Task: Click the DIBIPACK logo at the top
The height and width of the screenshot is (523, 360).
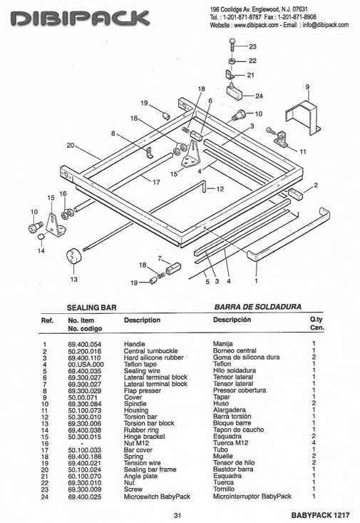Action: click(x=80, y=18)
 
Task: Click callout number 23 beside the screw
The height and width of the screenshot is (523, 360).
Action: click(x=252, y=46)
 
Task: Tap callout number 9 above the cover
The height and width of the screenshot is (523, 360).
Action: click(x=307, y=87)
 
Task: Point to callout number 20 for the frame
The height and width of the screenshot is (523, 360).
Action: click(x=71, y=146)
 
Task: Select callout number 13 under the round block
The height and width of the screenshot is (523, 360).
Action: click(x=73, y=279)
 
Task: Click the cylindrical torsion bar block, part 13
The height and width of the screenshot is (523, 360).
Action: click(x=73, y=257)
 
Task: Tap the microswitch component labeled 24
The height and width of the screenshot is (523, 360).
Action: click(x=235, y=91)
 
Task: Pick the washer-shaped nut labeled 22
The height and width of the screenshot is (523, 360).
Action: click(x=232, y=61)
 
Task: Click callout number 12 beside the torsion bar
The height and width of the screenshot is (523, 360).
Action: click(x=220, y=189)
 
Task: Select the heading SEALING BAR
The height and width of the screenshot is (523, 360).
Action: click(x=92, y=308)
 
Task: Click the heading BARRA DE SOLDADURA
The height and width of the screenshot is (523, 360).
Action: click(x=257, y=307)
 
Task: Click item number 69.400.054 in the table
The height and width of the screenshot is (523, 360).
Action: click(x=85, y=344)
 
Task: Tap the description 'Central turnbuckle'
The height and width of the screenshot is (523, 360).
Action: click(x=150, y=351)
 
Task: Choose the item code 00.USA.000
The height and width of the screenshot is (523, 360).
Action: click(x=86, y=364)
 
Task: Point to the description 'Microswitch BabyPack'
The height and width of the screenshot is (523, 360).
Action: click(x=157, y=497)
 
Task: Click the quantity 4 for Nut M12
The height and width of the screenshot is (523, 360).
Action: click(x=314, y=442)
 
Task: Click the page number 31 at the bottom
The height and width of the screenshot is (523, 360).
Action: click(x=178, y=515)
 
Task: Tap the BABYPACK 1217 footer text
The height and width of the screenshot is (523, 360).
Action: click(x=320, y=515)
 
